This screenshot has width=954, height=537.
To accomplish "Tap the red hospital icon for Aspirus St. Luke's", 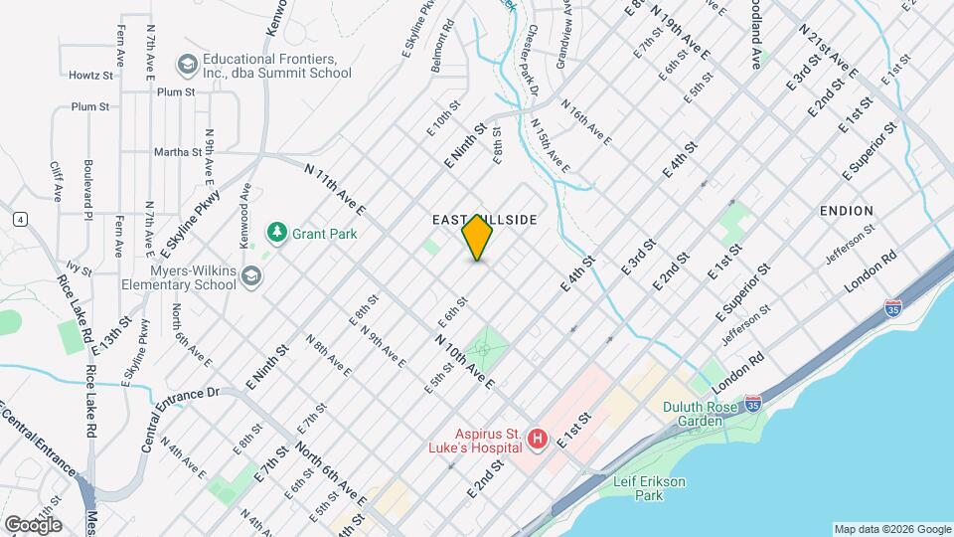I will [x=538, y=439].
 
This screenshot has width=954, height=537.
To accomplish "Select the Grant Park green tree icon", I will [x=275, y=233].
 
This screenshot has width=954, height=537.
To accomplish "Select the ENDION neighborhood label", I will [x=847, y=211].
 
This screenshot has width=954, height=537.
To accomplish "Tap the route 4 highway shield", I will [x=19, y=219].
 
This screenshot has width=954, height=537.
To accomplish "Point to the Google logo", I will [x=33, y=524].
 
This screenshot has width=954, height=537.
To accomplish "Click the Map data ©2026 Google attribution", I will [x=891, y=529].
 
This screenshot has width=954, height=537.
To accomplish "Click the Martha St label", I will [x=178, y=152].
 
